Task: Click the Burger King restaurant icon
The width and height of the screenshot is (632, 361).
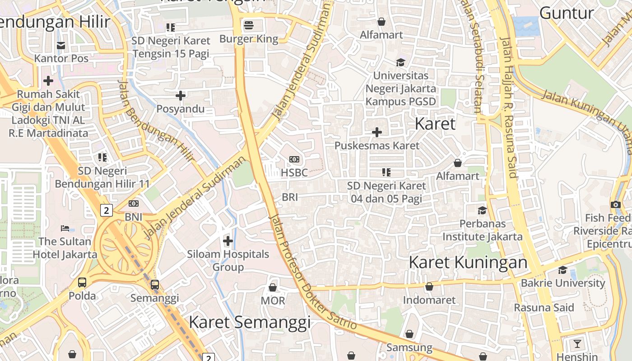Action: pyautogui.click(x=249, y=25)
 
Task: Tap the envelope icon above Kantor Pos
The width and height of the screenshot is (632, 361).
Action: pyautogui.click(x=61, y=45)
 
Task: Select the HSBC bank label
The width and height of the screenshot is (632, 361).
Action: pyautogui.click(x=294, y=172)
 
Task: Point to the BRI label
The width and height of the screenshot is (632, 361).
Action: pyautogui.click(x=290, y=197)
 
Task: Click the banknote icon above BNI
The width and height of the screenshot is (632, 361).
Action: pyautogui.click(x=134, y=204)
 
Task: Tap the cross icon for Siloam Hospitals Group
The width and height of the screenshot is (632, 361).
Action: pyautogui.click(x=228, y=241)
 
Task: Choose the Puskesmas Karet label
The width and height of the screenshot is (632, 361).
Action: pyautogui.click(x=377, y=146)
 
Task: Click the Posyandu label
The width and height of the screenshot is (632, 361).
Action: pyautogui.click(x=180, y=109)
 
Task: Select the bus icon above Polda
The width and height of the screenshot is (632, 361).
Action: pyautogui.click(x=82, y=282)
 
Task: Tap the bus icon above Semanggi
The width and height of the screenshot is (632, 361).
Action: pyautogui.click(x=154, y=285)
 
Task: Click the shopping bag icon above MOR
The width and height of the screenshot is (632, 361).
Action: pyautogui.click(x=273, y=287)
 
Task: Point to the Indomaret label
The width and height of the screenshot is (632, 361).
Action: pyautogui.click(x=429, y=300)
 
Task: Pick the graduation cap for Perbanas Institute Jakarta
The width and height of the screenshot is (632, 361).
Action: pyautogui.click(x=482, y=210)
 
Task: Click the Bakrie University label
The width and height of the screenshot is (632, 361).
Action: pyautogui.click(x=562, y=283)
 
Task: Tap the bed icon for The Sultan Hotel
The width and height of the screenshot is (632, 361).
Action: pyautogui.click(x=65, y=228)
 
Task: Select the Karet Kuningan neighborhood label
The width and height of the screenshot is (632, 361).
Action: pyautogui.click(x=468, y=262)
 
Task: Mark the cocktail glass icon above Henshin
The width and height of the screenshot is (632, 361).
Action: pyautogui.click(x=577, y=344)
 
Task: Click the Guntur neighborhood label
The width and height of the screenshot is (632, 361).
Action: pyautogui.click(x=567, y=13)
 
